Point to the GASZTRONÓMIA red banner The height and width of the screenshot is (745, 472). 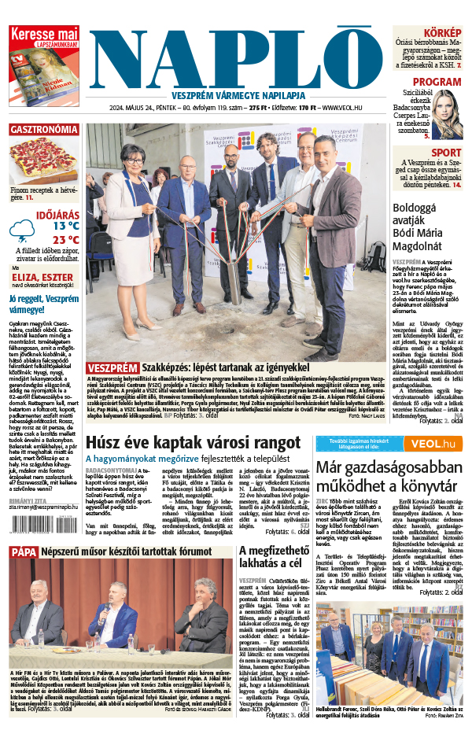(x=44, y=129)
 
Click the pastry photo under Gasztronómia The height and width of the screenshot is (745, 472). (x=44, y=160)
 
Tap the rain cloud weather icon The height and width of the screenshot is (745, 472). (x=22, y=229)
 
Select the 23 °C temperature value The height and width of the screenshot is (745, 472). (x=66, y=239)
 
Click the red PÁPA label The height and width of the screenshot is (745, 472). (x=24, y=552)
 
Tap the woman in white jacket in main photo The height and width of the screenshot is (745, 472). (x=131, y=212)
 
